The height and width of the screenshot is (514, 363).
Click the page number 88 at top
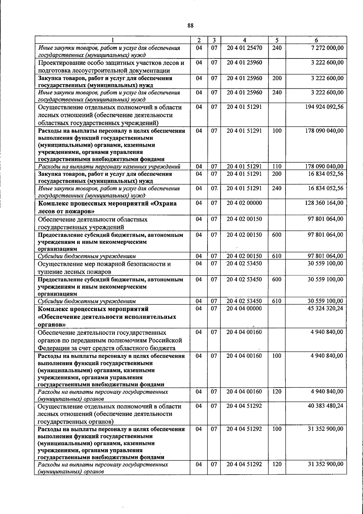(190, 26)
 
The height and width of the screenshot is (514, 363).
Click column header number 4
(244, 40)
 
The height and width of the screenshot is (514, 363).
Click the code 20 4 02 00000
(244, 203)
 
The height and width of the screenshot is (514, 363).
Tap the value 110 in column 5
(276, 166)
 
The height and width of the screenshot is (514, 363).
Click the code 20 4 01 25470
(244, 48)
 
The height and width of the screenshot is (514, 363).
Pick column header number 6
(316, 40)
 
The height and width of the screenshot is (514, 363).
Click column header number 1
(112, 40)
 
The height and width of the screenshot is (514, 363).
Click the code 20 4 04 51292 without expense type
(244, 406)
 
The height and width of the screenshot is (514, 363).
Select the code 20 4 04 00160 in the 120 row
(244, 391)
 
